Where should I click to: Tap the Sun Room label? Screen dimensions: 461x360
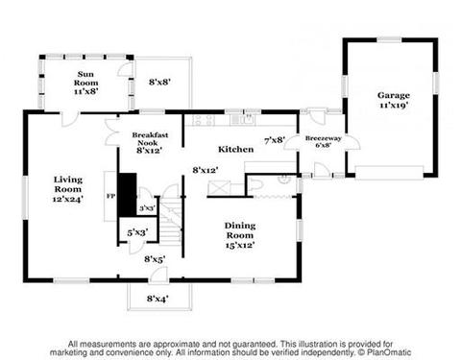coord(85,83)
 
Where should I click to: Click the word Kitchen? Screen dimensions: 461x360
coord(236,149)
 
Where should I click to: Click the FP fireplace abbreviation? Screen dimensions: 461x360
coord(110,196)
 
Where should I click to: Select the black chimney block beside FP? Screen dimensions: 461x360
coord(128,195)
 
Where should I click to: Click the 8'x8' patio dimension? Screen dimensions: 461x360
coord(159,82)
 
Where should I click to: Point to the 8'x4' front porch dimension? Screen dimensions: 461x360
coord(158,299)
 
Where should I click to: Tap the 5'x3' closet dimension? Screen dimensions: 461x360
coord(137,232)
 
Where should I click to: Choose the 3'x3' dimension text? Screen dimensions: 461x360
coord(147,208)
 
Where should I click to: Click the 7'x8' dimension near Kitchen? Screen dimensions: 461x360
coord(275,140)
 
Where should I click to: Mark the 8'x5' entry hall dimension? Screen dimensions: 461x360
coord(155,259)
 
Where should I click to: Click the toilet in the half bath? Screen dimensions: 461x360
coord(256,186)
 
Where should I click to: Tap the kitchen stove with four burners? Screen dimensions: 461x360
coord(204,120)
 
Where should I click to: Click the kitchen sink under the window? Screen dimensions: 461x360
coord(246,119)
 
